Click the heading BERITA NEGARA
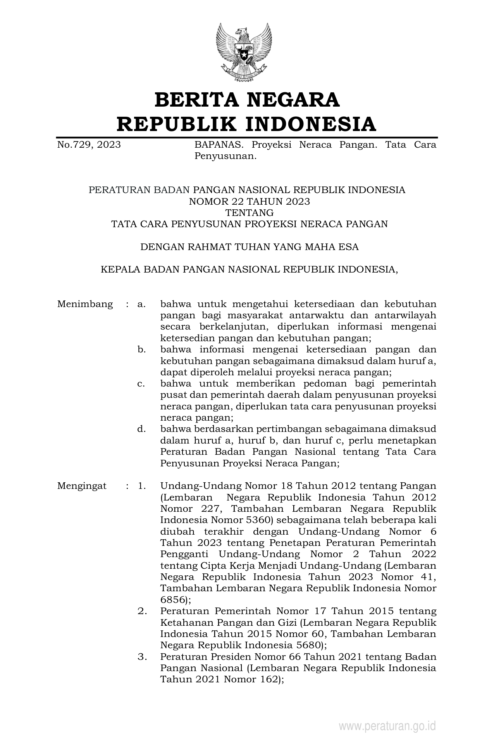pos(247,100)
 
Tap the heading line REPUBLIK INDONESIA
pos(247,124)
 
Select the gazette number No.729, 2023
pos(89,145)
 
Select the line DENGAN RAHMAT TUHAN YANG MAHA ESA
pos(249,247)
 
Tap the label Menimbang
pos(85,304)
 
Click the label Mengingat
pos(82,486)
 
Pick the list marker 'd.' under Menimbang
pos(141,429)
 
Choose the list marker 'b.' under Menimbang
pos(141,350)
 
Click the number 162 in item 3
pos(265,680)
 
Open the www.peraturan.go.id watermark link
pos(387,726)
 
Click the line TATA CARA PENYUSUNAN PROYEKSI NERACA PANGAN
pos(249,224)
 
